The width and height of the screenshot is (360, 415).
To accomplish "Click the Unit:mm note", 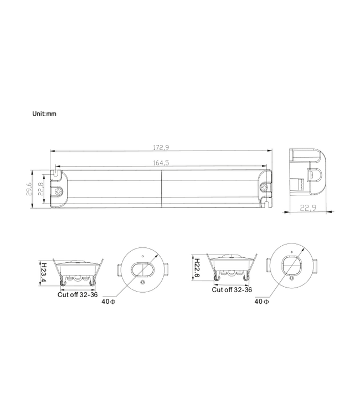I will [44, 113].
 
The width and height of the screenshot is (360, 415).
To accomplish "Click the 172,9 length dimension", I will [161, 147].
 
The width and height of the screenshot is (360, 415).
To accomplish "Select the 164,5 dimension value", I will [161, 163].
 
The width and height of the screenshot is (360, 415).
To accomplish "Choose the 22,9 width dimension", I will [308, 208].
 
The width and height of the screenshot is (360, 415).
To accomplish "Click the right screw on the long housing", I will [264, 189].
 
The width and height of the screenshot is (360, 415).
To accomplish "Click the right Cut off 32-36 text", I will [232, 289].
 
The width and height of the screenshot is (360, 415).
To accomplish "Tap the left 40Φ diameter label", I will [109, 302].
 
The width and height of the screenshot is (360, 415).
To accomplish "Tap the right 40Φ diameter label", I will [261, 302].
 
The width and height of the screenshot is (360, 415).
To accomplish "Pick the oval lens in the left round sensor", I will [142, 271].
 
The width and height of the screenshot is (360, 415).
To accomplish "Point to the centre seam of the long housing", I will [161, 189].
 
